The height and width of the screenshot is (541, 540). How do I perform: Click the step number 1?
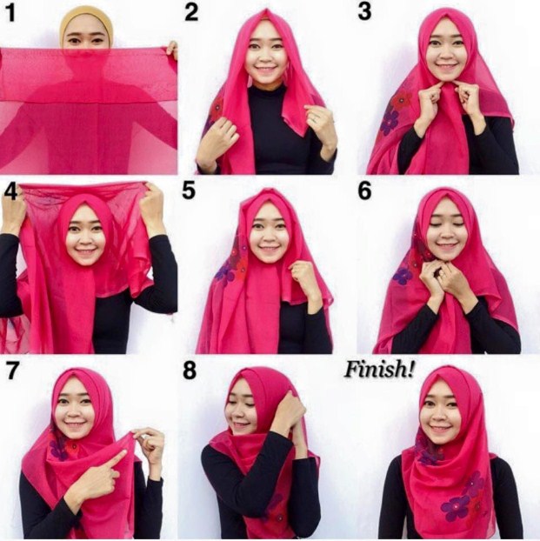[x=12, y=13]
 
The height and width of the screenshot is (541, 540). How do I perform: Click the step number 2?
[x=191, y=13]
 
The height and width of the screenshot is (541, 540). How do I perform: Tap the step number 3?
[x=367, y=13]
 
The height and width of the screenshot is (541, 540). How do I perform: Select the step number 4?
[x=11, y=190]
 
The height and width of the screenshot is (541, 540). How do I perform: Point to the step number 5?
[x=190, y=191]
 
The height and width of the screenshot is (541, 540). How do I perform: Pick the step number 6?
[x=366, y=191]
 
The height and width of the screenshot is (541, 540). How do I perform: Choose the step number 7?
[x=12, y=370]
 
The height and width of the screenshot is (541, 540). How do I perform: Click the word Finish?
[x=380, y=369]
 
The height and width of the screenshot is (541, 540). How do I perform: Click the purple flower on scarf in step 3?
[x=389, y=121]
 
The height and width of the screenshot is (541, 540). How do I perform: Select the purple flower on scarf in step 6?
[x=403, y=276]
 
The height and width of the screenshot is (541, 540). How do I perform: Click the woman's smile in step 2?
[x=264, y=63]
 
